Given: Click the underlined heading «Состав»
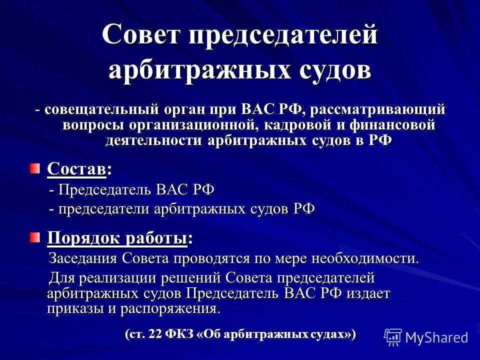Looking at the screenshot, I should [76, 169].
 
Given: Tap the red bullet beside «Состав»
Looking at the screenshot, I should [33, 168].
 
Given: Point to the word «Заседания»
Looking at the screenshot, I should [82, 258].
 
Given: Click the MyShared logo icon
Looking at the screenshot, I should [393, 337].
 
